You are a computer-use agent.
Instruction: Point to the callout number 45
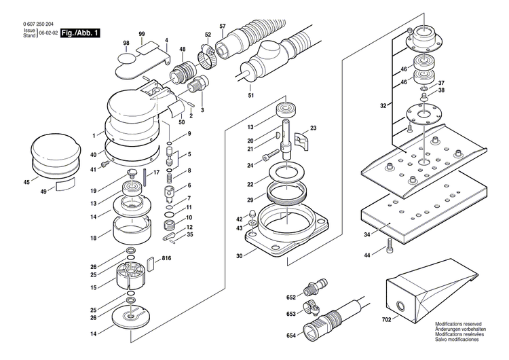pyautogui.click(x=26, y=182)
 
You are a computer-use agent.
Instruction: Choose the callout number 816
pyautogui.click(x=166, y=259)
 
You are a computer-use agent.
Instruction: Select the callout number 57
pyautogui.click(x=222, y=26)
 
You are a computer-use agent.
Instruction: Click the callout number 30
pyautogui.click(x=238, y=255)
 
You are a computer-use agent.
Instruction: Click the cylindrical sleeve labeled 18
pyautogui.click(x=132, y=232)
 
